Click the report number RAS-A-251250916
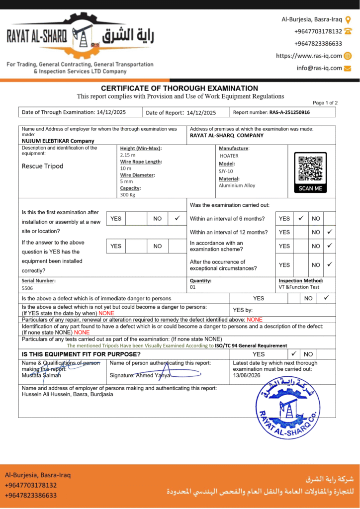click(x=289, y=112)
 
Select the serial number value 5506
click(x=27, y=288)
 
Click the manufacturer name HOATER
click(x=229, y=156)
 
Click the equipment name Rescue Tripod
click(x=42, y=166)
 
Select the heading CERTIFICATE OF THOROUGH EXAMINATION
click(x=180, y=88)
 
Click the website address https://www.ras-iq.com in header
click(x=309, y=56)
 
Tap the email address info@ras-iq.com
click(x=319, y=68)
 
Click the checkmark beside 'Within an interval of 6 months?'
click(x=301, y=218)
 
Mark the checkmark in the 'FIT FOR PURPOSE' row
click(x=294, y=354)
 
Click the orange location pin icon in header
click(x=348, y=20)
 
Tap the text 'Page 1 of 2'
click(x=325, y=103)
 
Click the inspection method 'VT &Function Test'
click(x=299, y=287)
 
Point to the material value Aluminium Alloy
click(x=237, y=185)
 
